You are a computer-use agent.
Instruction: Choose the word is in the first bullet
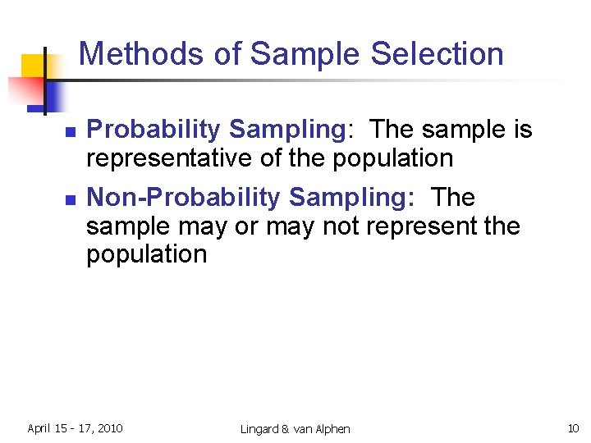(520, 130)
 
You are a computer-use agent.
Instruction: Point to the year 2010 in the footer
(110, 428)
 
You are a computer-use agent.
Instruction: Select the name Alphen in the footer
(331, 429)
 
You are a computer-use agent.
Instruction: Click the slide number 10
(573, 428)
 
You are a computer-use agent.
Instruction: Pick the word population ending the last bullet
(147, 253)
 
